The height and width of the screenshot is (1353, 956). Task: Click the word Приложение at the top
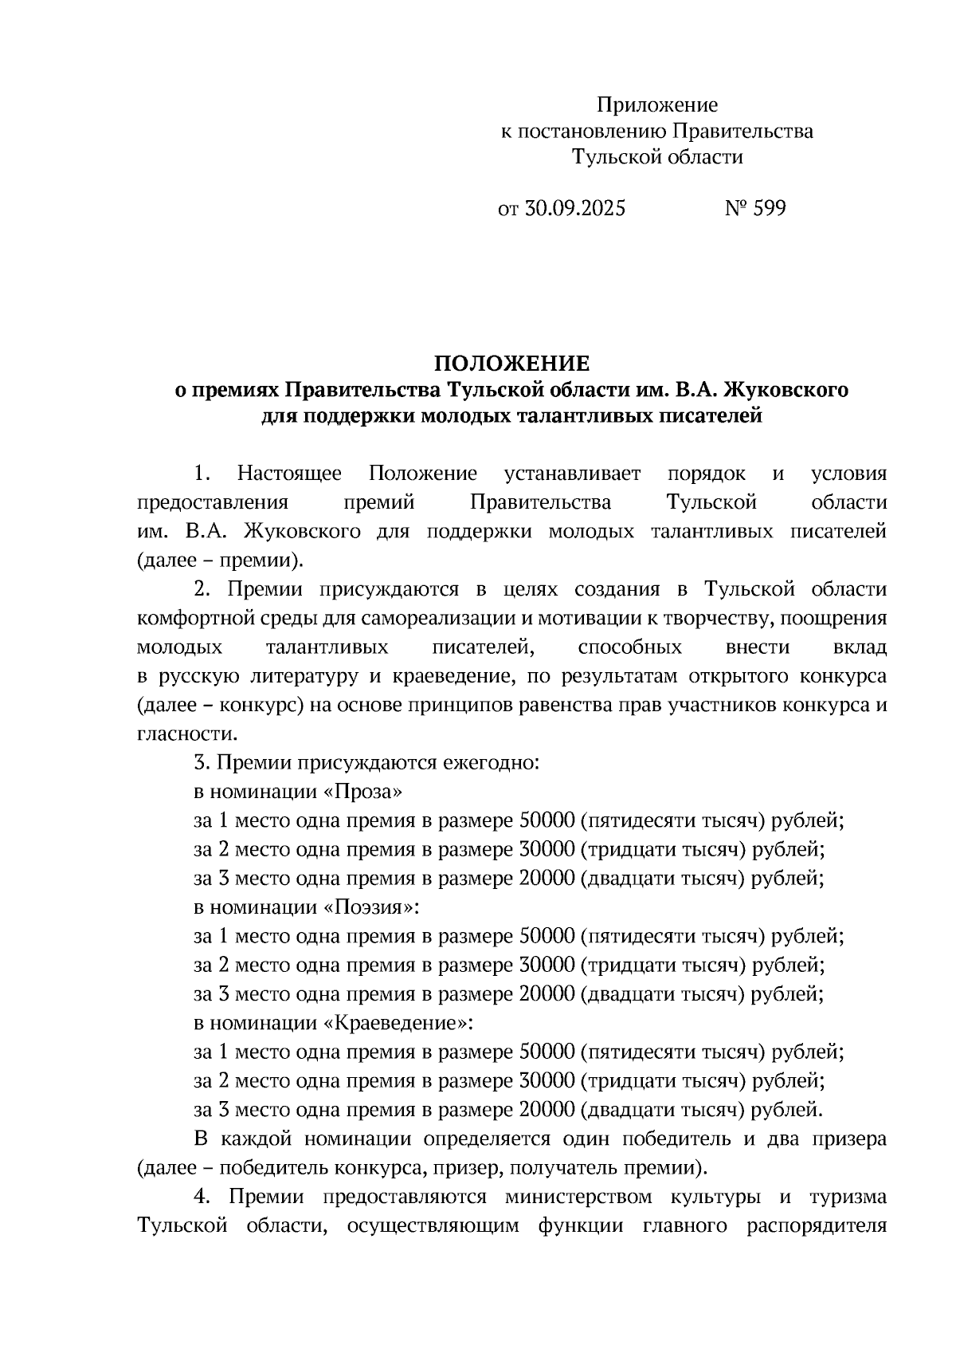pyautogui.click(x=657, y=104)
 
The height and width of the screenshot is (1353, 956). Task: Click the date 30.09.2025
pyautogui.click(x=576, y=209)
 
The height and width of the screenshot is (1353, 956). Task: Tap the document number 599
pyautogui.click(x=768, y=209)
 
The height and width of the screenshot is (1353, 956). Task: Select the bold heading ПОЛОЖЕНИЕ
pyautogui.click(x=511, y=364)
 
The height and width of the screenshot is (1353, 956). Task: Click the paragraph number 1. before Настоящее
pyautogui.click(x=202, y=474)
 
